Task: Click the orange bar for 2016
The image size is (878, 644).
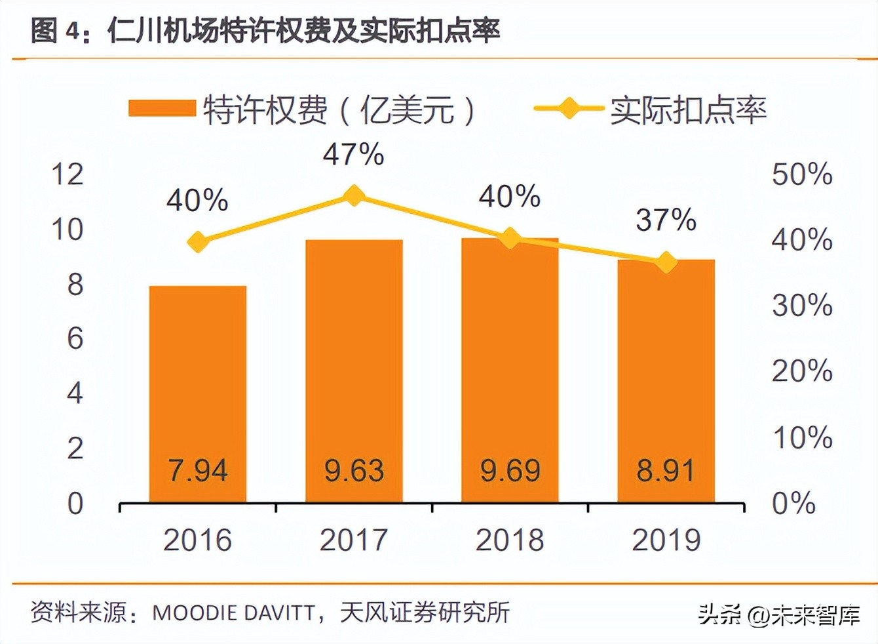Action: click(198, 393)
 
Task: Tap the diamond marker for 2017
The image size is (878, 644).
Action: click(354, 195)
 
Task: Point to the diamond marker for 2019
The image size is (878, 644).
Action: click(666, 262)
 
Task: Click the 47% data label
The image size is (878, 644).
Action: click(353, 155)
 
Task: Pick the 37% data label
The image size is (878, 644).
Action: click(666, 220)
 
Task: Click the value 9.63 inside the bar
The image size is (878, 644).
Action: click(354, 470)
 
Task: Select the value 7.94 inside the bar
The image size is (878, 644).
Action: click(198, 470)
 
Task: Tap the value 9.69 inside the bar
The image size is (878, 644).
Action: click(510, 470)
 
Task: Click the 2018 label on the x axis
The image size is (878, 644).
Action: click(510, 540)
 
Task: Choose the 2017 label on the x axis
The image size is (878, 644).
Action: click(354, 540)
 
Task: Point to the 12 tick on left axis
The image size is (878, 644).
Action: click(67, 174)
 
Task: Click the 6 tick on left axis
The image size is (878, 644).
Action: click(75, 339)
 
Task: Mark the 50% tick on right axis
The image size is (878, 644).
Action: click(801, 174)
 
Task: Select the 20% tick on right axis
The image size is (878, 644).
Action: click(801, 371)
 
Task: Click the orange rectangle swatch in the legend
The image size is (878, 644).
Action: click(162, 108)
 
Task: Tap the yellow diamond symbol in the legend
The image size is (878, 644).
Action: click(568, 108)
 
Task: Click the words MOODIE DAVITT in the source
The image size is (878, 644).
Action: click(233, 613)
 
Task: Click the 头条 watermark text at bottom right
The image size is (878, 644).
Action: click(719, 614)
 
